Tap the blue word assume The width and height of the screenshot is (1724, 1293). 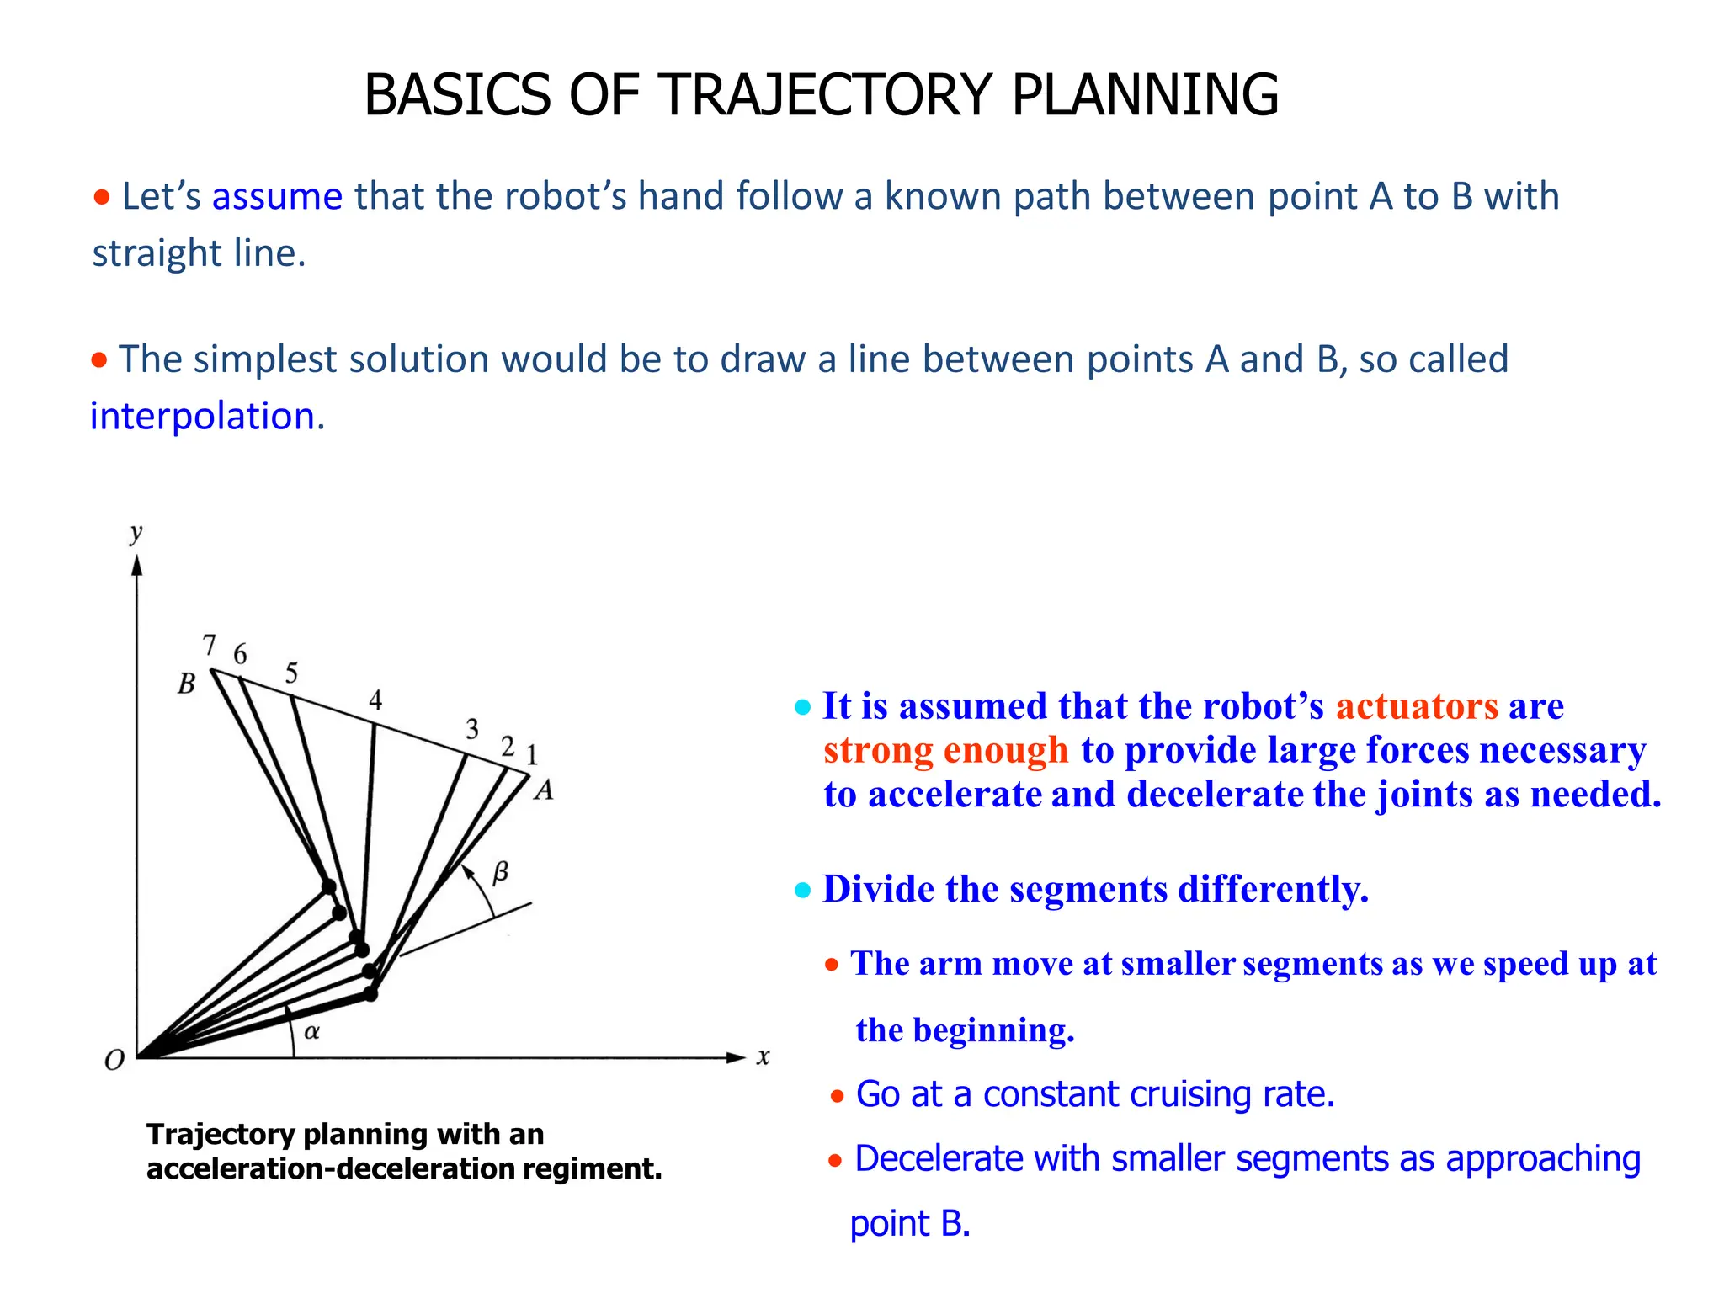pos(277,196)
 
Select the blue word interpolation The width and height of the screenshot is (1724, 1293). pos(207,416)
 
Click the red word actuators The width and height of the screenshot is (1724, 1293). pos(1417,705)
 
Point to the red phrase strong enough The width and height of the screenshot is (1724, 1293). pos(945,750)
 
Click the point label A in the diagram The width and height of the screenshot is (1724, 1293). pos(544,790)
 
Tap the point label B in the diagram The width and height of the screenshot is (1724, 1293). pos(186,684)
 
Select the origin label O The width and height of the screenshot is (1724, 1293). pos(114,1061)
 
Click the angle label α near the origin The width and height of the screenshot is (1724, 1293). pos(311,1031)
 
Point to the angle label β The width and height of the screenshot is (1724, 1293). pos(500,872)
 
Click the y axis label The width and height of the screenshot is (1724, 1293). pos(136,532)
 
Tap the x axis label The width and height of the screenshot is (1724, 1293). pos(763,1056)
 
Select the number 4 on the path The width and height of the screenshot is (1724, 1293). pos(375,700)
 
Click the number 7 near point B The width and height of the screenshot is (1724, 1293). pos(210,645)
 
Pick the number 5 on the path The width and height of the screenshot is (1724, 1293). pos(291,673)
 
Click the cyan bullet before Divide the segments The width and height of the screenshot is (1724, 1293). pos(802,890)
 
